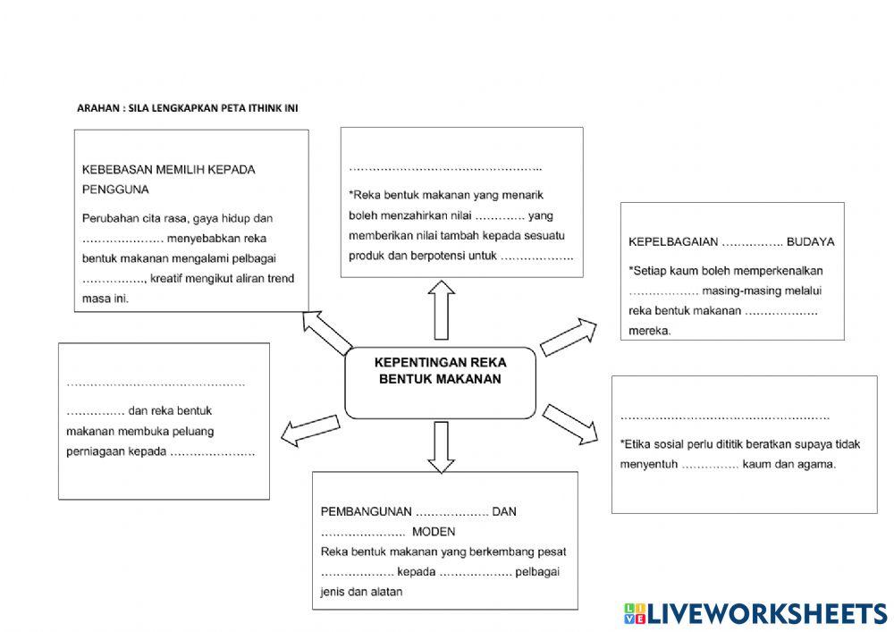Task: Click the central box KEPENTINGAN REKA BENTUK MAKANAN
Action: (x=440, y=383)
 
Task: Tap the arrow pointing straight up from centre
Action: (x=441, y=309)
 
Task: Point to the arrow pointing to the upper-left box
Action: (x=326, y=333)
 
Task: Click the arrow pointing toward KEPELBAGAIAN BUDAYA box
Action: (x=569, y=336)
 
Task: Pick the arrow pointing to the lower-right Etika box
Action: (x=569, y=423)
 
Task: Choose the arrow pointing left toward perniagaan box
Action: (x=310, y=429)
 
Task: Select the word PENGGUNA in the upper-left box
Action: (x=115, y=190)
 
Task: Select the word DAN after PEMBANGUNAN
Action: (x=505, y=511)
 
